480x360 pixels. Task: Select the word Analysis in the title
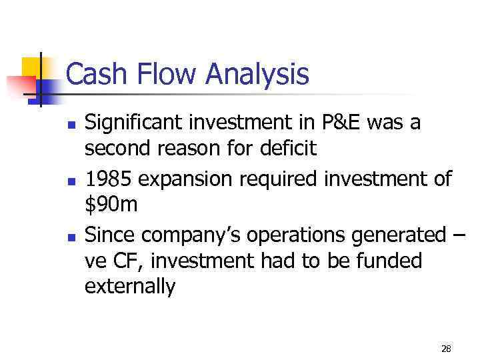click(257, 74)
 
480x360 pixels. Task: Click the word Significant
click(134, 124)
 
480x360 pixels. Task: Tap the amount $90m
click(111, 204)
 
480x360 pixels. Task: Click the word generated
click(399, 236)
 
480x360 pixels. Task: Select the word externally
click(130, 286)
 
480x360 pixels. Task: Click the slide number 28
click(446, 348)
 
